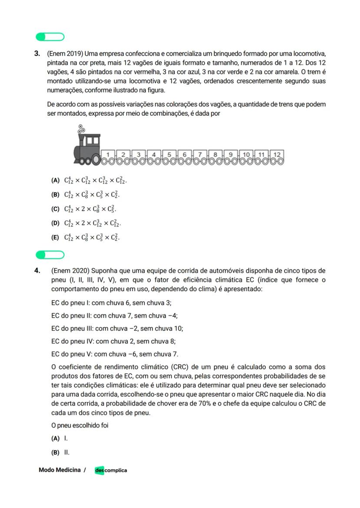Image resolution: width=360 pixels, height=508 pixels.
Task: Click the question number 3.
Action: (x=37, y=54)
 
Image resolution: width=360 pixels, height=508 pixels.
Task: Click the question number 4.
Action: (x=37, y=271)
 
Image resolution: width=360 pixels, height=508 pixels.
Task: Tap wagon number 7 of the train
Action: (x=200, y=155)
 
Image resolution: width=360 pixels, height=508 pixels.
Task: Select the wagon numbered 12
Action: (x=277, y=155)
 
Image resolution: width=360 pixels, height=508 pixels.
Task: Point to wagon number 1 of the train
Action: (x=108, y=155)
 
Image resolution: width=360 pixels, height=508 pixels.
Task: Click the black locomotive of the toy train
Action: (x=87, y=148)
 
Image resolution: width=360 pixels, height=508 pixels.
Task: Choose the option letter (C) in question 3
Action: (x=55, y=209)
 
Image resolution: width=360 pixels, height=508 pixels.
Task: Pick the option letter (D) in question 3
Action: (x=55, y=223)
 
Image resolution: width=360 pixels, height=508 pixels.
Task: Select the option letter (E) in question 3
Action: (x=55, y=238)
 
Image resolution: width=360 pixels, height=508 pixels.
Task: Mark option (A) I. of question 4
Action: (x=60, y=438)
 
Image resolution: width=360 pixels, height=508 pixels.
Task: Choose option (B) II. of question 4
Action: (x=60, y=452)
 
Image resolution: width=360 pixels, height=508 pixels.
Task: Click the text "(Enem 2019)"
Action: (x=65, y=54)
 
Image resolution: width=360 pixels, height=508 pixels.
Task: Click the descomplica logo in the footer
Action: (x=111, y=470)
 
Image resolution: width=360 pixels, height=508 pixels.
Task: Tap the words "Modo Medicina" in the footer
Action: (x=60, y=470)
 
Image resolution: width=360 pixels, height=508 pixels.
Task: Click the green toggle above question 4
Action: (x=50, y=254)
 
